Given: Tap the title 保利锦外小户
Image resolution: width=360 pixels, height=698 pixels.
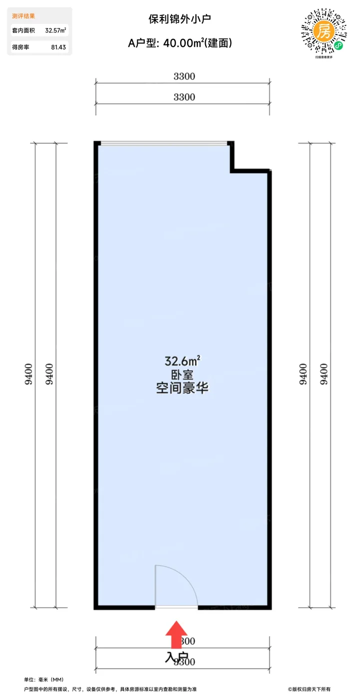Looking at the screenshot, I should (x=180, y=19).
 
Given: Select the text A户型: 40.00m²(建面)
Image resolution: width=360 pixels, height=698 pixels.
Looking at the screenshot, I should (x=180, y=43).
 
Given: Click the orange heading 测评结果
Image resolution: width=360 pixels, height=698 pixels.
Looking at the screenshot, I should (x=23, y=16).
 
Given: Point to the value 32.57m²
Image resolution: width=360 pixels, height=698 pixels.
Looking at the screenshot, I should (x=56, y=31).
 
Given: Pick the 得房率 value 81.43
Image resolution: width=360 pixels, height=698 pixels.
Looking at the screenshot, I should (x=58, y=47).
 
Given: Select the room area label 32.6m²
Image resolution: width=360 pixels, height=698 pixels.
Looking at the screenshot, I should (x=182, y=360).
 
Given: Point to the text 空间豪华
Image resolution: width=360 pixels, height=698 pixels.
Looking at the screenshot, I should (x=182, y=388).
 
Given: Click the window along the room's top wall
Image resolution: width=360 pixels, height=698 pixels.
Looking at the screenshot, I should (x=163, y=144).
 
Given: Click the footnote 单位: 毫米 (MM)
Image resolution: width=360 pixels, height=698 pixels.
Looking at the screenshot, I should (x=44, y=680).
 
